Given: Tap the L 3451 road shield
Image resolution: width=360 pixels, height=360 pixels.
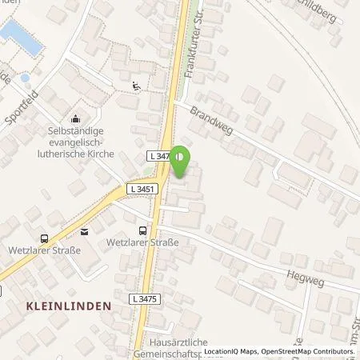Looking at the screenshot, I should pyautogui.click(x=139, y=190).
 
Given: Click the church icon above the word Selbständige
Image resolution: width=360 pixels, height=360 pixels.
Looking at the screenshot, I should pyautogui.click(x=77, y=117).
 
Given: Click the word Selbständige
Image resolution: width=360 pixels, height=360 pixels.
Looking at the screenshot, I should pyautogui.click(x=78, y=129).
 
